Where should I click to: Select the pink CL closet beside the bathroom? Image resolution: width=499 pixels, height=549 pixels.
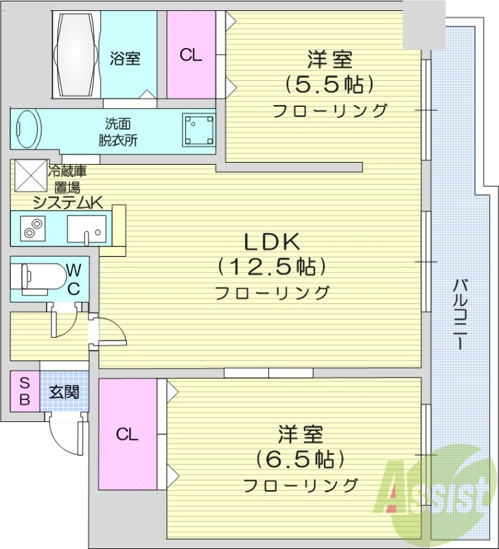[x=191, y=56]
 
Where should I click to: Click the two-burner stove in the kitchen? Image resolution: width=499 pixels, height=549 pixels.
[x=31, y=228]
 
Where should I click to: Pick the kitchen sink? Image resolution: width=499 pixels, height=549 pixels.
[x=87, y=229]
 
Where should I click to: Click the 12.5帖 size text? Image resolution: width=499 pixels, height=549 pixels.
[x=271, y=266]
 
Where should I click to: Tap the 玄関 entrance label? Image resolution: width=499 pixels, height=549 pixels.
[x=65, y=393]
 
